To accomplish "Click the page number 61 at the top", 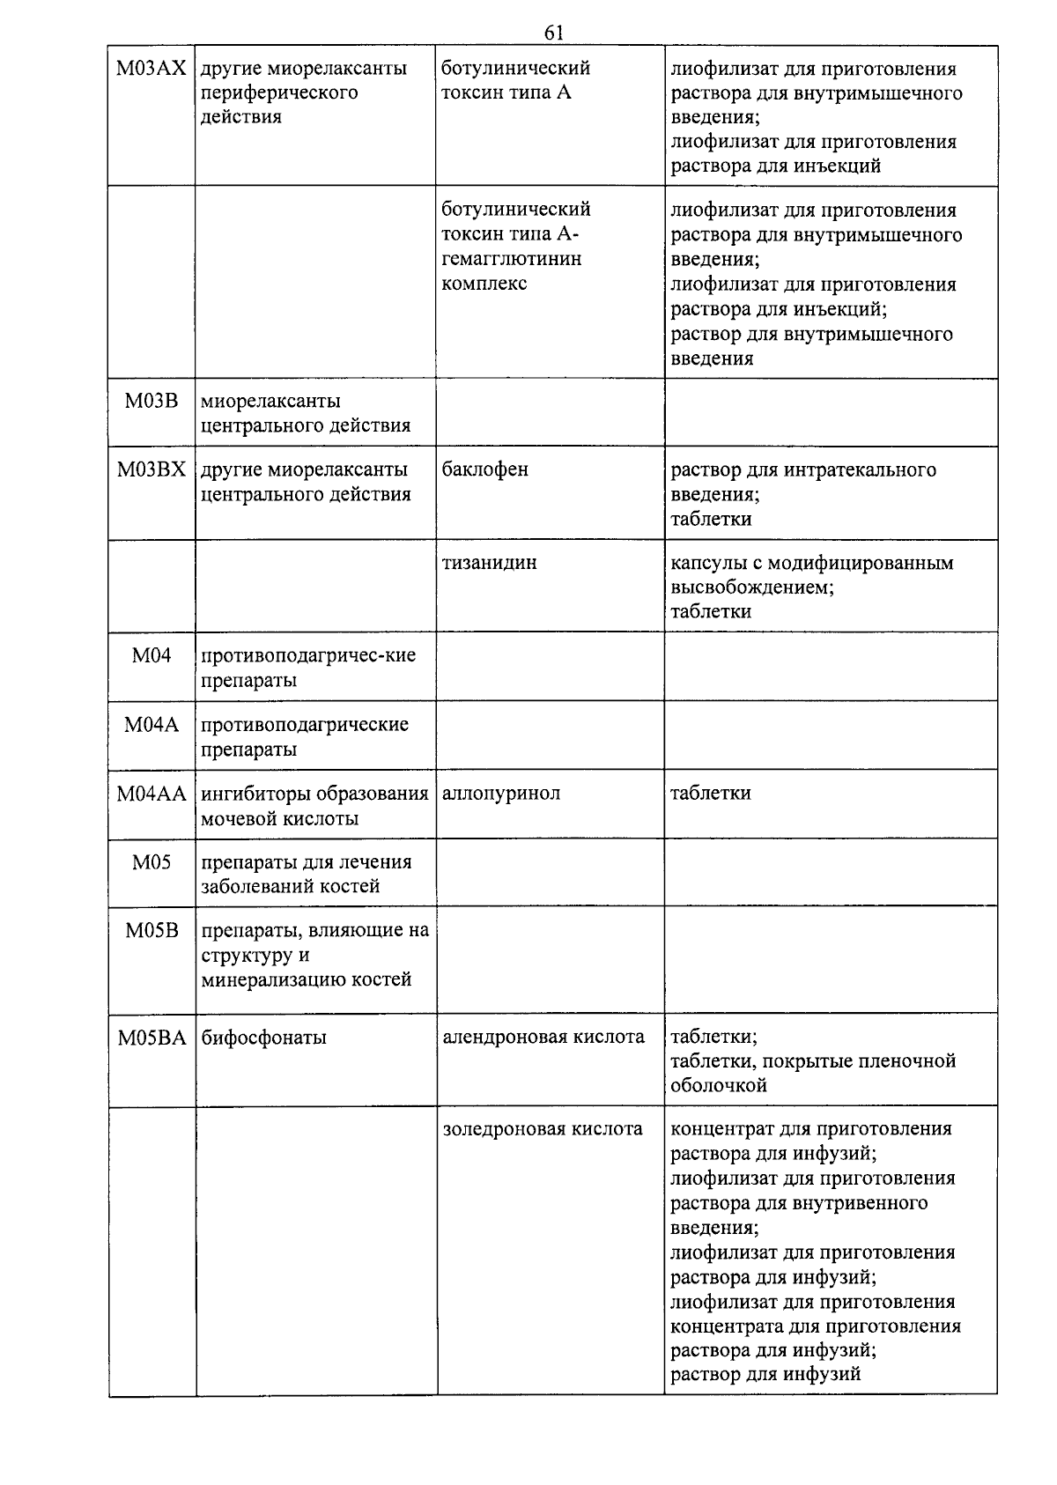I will coord(553,33).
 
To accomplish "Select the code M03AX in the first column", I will coord(152,69).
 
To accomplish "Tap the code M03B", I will coord(152,402).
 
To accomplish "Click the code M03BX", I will coord(152,469).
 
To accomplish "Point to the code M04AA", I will coord(152,794).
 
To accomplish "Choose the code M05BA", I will coord(152,1038).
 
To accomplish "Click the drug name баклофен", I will coord(484,469).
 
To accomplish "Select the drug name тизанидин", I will coord(489,563).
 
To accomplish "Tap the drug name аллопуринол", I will coord(500,794).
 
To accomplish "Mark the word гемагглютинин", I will coord(511,259).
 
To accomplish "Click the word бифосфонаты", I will coord(263,1038).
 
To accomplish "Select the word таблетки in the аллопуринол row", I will coord(710,794).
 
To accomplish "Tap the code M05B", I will coord(152,930).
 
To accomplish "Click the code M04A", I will coord(152,725).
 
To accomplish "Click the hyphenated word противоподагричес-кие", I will coord(308,656).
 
